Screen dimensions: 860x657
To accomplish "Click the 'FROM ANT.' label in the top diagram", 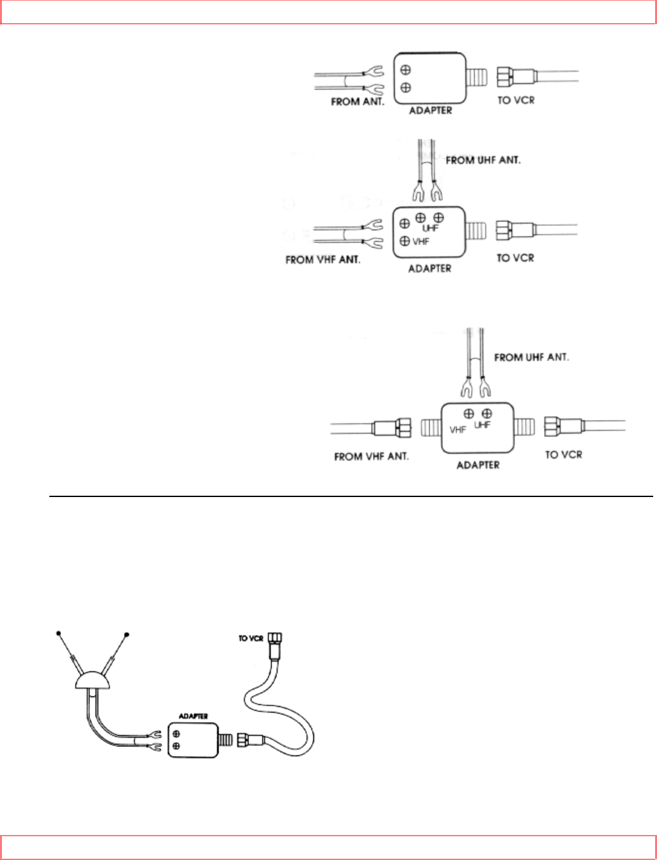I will (x=357, y=101).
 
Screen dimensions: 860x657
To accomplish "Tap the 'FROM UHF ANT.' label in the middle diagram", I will (x=483, y=160).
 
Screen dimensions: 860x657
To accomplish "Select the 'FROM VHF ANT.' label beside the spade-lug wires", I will (x=322, y=260).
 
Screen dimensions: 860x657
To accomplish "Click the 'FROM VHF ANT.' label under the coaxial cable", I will (x=371, y=457).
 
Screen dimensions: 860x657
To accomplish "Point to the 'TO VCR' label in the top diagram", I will (x=515, y=100).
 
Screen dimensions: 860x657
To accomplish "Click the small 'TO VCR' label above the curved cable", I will (x=251, y=639).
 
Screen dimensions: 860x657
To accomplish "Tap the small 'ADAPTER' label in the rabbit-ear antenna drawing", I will (x=193, y=716).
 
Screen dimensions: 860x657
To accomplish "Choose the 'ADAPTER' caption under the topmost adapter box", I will (x=430, y=110).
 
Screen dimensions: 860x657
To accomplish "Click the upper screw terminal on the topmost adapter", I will (x=406, y=71).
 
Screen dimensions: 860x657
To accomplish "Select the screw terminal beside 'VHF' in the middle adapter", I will (x=404, y=241).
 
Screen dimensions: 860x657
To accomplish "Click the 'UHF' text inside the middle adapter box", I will (x=430, y=228).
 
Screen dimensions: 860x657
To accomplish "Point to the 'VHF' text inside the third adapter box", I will (x=458, y=430).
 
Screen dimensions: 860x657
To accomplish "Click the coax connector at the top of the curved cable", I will (x=276, y=640).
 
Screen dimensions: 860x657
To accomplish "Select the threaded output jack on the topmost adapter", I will (x=478, y=78).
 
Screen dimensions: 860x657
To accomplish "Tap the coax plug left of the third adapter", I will (x=392, y=428).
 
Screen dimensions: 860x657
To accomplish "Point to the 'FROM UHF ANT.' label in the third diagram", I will (x=531, y=357).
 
